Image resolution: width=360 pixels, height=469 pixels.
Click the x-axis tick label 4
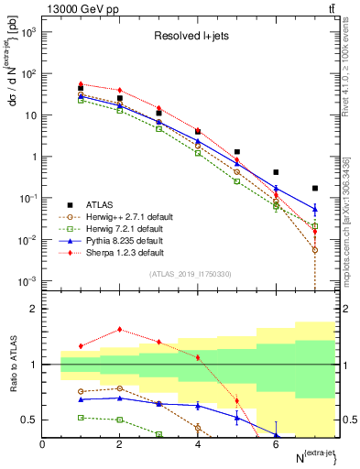(198, 444)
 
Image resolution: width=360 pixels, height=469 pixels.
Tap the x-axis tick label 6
(276, 444)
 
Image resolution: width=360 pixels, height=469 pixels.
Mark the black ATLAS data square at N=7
(315, 188)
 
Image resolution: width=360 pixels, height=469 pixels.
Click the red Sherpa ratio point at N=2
(120, 330)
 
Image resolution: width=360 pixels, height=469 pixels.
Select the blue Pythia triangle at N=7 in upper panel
(315, 209)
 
